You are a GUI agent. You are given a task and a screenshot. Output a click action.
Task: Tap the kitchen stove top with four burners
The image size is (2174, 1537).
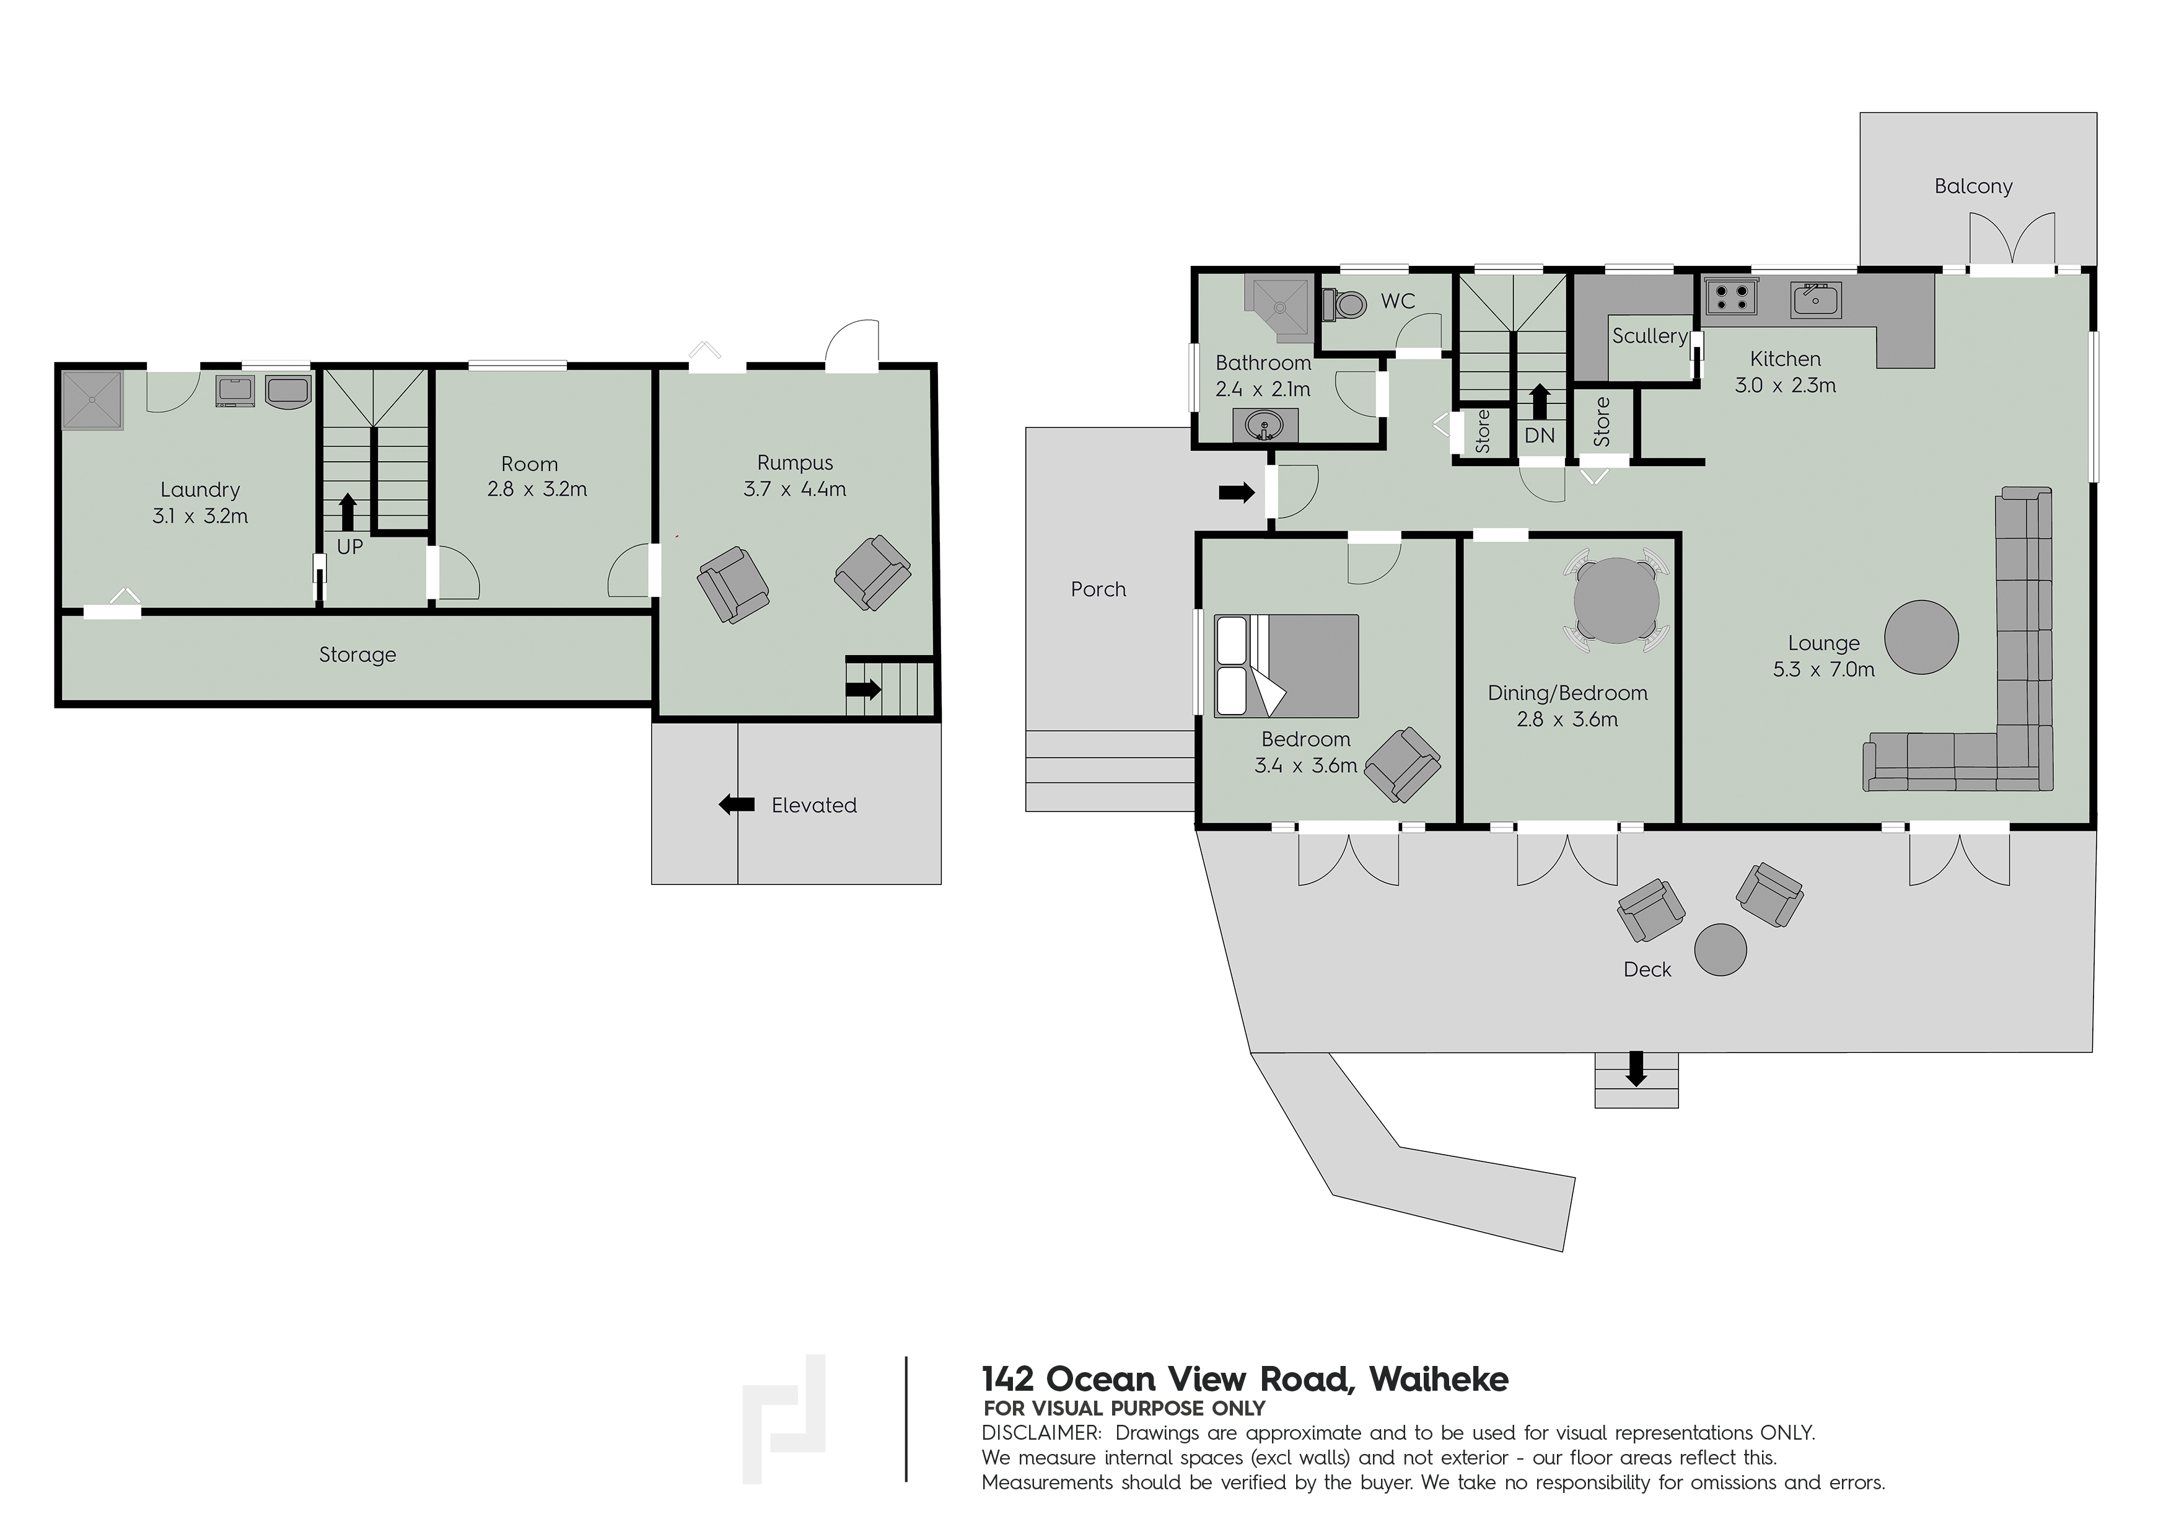click(1731, 297)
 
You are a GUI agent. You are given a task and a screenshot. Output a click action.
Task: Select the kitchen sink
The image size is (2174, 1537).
click(1815, 299)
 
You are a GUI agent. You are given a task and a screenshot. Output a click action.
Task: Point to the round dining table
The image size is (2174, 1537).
click(1616, 601)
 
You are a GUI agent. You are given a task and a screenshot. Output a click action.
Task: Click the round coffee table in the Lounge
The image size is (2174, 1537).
click(1921, 637)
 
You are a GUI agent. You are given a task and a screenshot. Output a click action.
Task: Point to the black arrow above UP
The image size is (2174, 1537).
click(348, 511)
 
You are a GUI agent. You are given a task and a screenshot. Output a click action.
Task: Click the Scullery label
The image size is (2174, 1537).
click(1649, 335)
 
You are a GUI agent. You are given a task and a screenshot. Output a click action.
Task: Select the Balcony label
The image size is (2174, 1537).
click(1973, 187)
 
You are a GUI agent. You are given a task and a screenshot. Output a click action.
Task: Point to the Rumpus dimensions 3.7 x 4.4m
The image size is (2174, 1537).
click(794, 488)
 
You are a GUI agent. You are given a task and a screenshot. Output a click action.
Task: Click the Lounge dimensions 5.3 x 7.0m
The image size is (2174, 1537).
click(1824, 669)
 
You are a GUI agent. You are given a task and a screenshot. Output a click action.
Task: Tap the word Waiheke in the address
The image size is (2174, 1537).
click(1439, 1379)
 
